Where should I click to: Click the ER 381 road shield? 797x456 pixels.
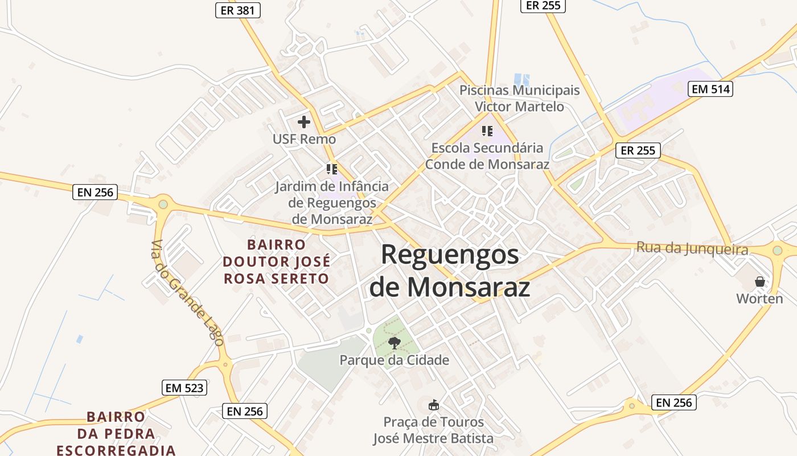pyautogui.click(x=238, y=10)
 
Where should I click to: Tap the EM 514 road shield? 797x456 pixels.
pyautogui.click(x=710, y=89)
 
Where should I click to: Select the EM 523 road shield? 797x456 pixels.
pyautogui.click(x=184, y=388)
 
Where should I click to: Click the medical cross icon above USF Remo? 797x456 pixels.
pyautogui.click(x=304, y=121)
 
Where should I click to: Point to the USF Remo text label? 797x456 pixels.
pyautogui.click(x=304, y=139)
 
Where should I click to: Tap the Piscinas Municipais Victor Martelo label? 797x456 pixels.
pyautogui.click(x=519, y=98)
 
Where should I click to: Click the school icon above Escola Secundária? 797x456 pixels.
pyautogui.click(x=487, y=131)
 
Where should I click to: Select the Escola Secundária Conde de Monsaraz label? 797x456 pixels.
pyautogui.click(x=487, y=156)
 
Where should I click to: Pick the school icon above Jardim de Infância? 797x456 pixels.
pyautogui.click(x=332, y=169)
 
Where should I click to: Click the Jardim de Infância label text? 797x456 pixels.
pyautogui.click(x=332, y=202)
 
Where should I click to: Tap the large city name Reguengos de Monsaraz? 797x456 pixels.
pyautogui.click(x=450, y=271)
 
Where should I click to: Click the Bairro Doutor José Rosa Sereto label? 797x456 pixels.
pyautogui.click(x=276, y=262)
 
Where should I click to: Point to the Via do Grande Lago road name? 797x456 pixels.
pyautogui.click(x=186, y=293)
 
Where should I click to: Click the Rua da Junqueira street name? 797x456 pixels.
pyautogui.click(x=692, y=248)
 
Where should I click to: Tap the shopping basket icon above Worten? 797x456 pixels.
pyautogui.click(x=759, y=282)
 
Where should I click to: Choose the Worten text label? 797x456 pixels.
pyautogui.click(x=759, y=299)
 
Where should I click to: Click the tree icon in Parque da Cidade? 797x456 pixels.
pyautogui.click(x=394, y=343)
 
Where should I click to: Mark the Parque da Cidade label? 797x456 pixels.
pyautogui.click(x=395, y=360)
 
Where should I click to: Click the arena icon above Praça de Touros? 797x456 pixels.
pyautogui.click(x=434, y=405)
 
